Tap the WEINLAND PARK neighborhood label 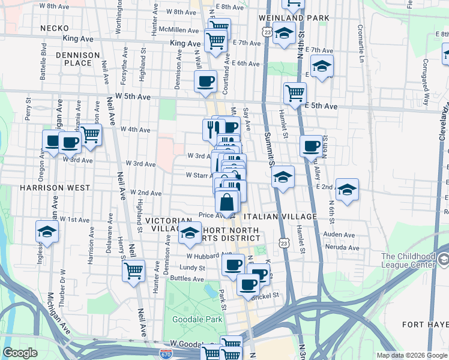(294, 18)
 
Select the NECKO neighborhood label (52, 28)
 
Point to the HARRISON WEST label (29, 187)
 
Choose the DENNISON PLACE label (78, 58)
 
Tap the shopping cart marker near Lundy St (133, 270)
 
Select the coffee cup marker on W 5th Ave (205, 81)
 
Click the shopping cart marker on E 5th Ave (295, 93)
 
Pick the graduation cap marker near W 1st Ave (47, 231)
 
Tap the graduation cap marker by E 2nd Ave (347, 189)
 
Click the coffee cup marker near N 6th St (312, 146)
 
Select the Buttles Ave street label (188, 278)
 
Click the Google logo (20, 353)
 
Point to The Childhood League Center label (408, 260)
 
